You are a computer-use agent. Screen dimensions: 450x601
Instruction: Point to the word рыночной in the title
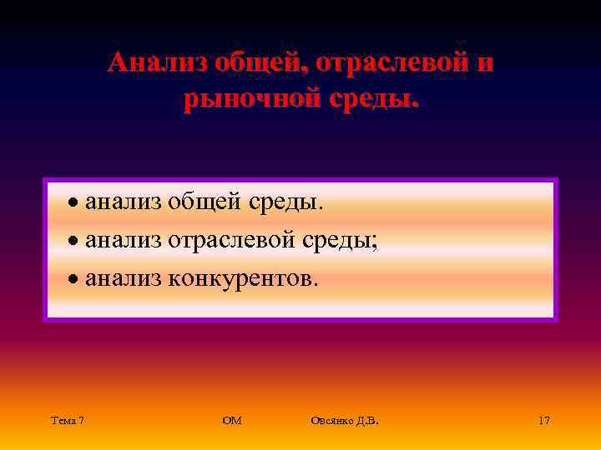tap(250, 99)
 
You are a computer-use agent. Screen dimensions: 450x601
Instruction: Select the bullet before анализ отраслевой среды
tap(74, 242)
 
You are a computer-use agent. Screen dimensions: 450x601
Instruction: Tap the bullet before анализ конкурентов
tap(74, 281)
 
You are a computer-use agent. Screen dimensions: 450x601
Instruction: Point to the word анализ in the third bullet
tap(124, 279)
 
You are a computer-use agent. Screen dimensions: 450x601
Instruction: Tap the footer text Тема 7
tap(67, 421)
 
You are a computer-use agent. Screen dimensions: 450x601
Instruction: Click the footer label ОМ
tap(232, 421)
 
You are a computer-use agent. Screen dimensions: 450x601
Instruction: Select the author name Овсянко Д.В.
tap(344, 421)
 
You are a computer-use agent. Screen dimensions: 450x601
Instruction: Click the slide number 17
tap(544, 421)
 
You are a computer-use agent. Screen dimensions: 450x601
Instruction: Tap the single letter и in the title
tap(485, 63)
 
